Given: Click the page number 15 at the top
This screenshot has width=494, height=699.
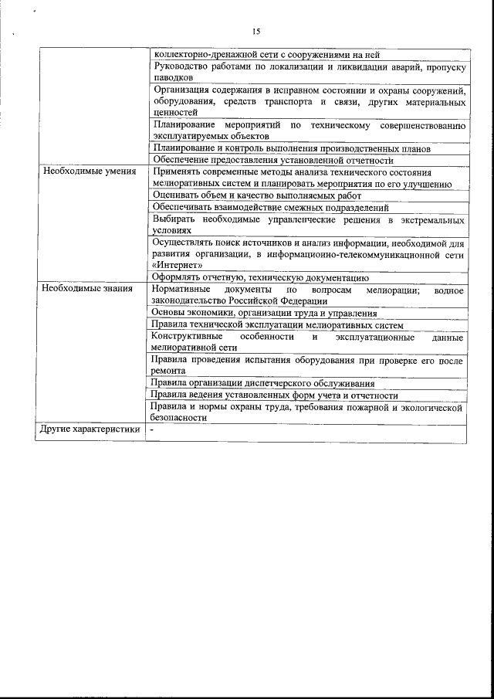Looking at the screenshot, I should [x=256, y=32].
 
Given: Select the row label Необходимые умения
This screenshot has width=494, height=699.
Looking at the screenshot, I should [x=90, y=171].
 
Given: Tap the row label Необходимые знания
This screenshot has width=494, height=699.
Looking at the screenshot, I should [x=87, y=290].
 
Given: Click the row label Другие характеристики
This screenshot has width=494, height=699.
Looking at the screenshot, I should [x=90, y=429].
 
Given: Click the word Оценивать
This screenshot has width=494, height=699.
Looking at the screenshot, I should [x=174, y=195].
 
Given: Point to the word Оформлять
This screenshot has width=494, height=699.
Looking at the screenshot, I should [x=177, y=277].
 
